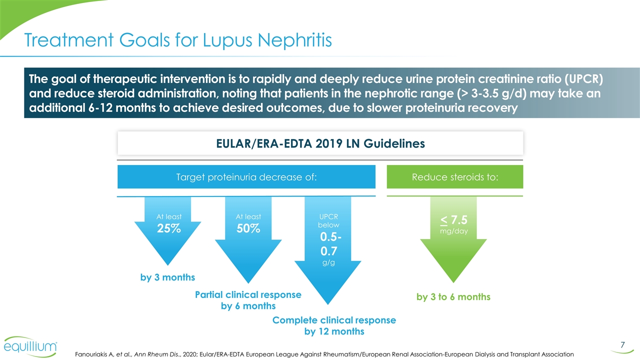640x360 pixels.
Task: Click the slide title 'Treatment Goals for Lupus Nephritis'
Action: pos(178,39)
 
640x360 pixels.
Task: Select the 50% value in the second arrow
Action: pos(248,229)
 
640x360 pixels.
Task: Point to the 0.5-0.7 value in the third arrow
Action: pos(328,242)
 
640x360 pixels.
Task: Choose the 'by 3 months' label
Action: pos(167,277)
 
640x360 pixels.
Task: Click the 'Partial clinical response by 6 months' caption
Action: pos(248,300)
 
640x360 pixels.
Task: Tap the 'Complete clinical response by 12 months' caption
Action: pos(334,325)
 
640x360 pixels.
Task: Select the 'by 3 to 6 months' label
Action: pos(453,297)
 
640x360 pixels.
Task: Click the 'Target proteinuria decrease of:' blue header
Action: pos(246,177)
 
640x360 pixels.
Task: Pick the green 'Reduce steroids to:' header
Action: pos(455,177)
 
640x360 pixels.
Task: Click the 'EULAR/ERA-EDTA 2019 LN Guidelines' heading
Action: pos(320,143)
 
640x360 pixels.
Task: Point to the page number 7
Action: pos(622,344)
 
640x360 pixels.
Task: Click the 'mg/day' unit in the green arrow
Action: pos(453,231)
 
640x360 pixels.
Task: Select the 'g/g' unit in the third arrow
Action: pos(328,263)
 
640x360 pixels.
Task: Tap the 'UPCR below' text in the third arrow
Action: pos(328,220)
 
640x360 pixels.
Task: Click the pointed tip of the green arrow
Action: pos(453,281)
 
